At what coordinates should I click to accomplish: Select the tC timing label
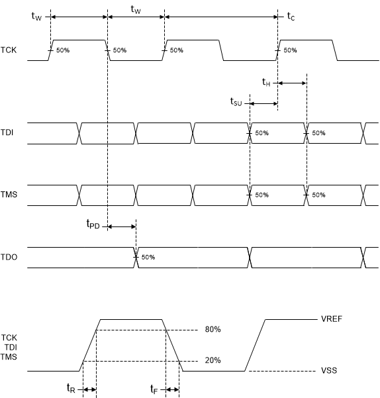coord(291,16)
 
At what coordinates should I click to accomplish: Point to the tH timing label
coord(265,82)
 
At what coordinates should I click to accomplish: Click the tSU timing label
coord(236,102)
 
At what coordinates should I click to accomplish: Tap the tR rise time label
coord(71,389)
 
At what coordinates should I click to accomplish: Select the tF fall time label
coord(154,389)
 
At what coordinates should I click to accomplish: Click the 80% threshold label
coord(213,329)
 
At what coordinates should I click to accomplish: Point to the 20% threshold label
coord(213,361)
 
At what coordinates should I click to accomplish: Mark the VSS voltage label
coord(329,371)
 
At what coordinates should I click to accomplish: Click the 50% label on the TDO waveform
coord(148,257)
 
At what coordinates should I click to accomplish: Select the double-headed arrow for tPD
coord(121,227)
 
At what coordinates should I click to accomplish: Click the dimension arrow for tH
coord(292,83)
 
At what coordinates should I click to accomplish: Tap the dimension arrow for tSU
coord(263,103)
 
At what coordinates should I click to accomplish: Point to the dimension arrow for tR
coord(89,390)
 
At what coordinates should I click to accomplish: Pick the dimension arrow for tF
coord(172,390)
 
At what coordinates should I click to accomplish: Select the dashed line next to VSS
coord(289,371)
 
